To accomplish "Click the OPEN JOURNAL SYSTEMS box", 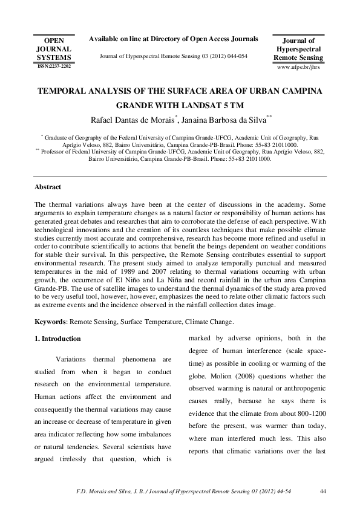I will [54, 47].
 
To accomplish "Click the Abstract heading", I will [48, 188].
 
